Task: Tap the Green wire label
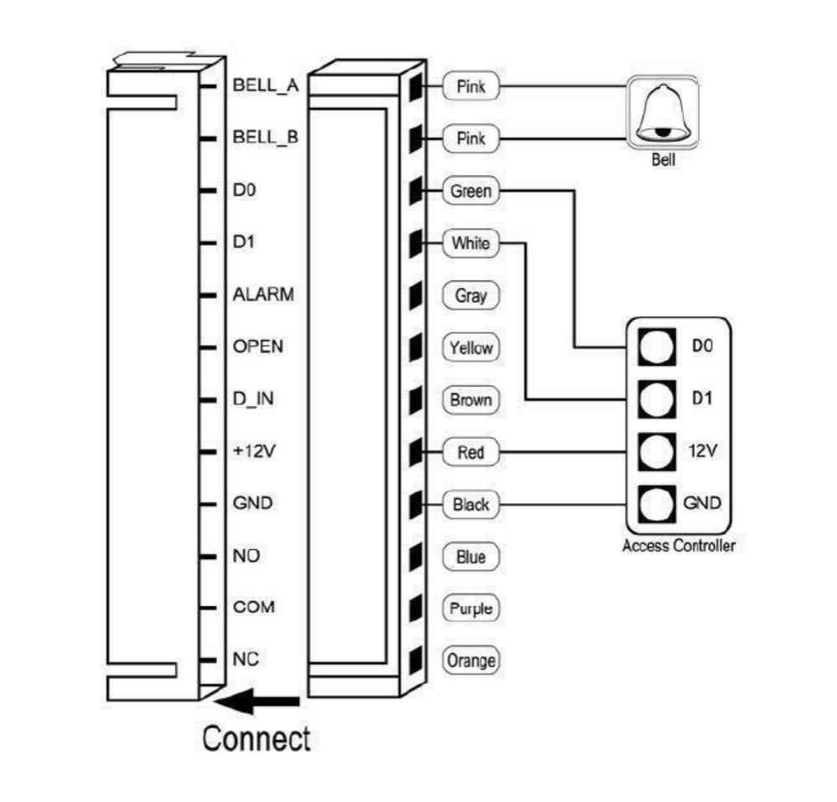[470, 191]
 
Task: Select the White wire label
[470, 244]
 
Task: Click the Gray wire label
[470, 296]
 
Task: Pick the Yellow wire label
[470, 348]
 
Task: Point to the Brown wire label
[470, 400]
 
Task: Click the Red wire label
[470, 453]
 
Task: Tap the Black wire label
[470, 505]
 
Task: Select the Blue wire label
[470, 557]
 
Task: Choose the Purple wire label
[470, 609]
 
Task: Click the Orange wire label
[470, 661]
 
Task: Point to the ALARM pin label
[263, 295]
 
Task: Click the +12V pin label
[254, 451]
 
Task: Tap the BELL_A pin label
[265, 86]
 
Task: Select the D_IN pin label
[253, 399]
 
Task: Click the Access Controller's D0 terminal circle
[655, 346]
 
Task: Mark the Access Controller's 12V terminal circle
[655, 452]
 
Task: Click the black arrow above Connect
[259, 702]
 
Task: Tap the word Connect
[256, 739]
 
